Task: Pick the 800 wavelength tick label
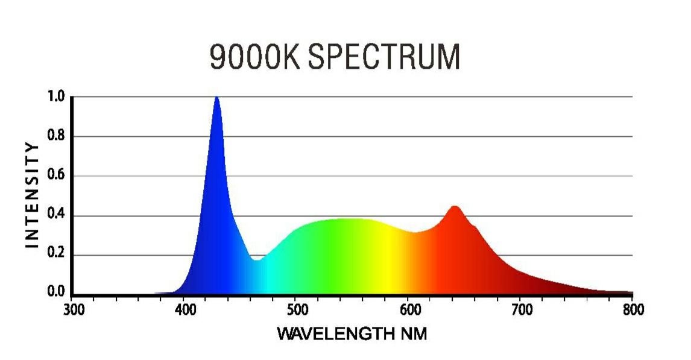click(633, 310)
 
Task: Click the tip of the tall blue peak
click(216, 98)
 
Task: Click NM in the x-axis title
click(413, 333)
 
